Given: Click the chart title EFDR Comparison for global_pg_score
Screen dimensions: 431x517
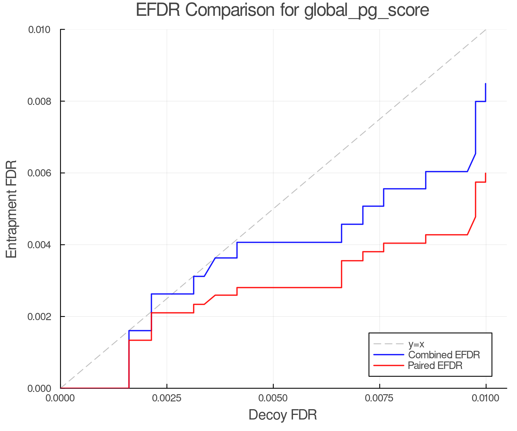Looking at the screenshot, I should click(282, 10).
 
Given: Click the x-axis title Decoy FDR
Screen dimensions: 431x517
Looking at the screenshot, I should click(283, 415).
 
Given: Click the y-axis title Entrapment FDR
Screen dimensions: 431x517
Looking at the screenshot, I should click(12, 209).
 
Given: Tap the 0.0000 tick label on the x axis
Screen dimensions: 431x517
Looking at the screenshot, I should click(60, 398).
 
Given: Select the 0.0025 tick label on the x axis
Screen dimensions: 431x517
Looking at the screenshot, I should click(167, 398).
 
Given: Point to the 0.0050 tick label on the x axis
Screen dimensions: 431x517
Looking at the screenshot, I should click(273, 398).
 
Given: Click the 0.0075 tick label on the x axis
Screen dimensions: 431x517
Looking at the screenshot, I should click(379, 398).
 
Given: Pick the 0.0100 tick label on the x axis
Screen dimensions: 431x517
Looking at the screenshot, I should click(486, 398).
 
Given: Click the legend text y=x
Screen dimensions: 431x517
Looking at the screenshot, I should click(416, 344).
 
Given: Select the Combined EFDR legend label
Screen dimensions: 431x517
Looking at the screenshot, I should click(444, 355).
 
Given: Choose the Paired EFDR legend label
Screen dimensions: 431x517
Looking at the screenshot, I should click(435, 365).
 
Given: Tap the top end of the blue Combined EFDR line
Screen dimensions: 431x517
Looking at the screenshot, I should click(485, 84).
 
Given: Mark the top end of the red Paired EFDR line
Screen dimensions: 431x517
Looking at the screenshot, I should click(485, 173).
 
